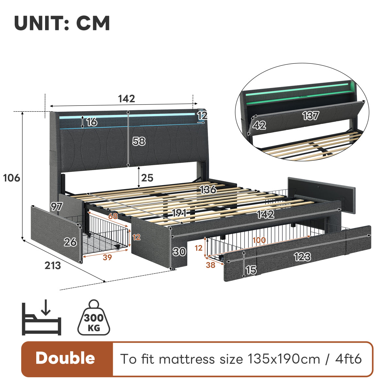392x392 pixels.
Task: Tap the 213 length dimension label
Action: click(x=53, y=266)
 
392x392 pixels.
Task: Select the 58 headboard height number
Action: click(x=139, y=141)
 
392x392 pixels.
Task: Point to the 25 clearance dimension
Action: click(x=147, y=178)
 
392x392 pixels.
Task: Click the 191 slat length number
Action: click(x=179, y=213)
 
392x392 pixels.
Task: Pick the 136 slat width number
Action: click(x=208, y=189)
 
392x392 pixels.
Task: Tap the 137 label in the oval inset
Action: click(x=311, y=116)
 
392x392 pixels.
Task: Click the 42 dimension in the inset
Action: click(x=259, y=125)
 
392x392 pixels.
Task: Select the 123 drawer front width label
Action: click(x=302, y=257)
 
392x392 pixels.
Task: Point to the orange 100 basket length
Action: click(x=259, y=240)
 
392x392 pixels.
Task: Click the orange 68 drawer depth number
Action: click(x=113, y=216)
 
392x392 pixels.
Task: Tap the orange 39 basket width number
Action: click(x=107, y=257)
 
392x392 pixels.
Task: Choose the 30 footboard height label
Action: click(x=179, y=252)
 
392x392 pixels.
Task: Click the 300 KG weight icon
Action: click(x=94, y=317)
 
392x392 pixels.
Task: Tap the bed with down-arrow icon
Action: click(x=41, y=317)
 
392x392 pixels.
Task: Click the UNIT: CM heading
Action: click(x=62, y=23)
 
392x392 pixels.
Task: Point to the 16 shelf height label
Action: click(x=91, y=122)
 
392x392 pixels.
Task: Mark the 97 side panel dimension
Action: click(x=57, y=207)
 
